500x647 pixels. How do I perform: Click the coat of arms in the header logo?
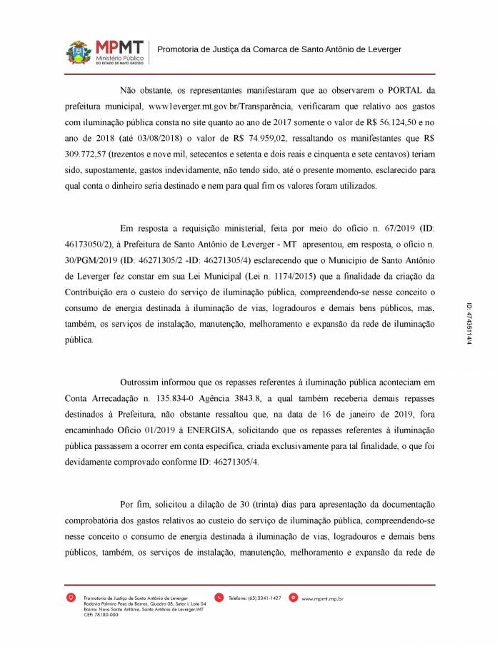pyautogui.click(x=79, y=52)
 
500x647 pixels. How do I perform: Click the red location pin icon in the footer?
pyautogui.click(x=69, y=597)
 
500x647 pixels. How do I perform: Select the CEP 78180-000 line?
pyautogui.click(x=101, y=614)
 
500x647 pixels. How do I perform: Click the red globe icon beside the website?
pyautogui.click(x=295, y=597)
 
